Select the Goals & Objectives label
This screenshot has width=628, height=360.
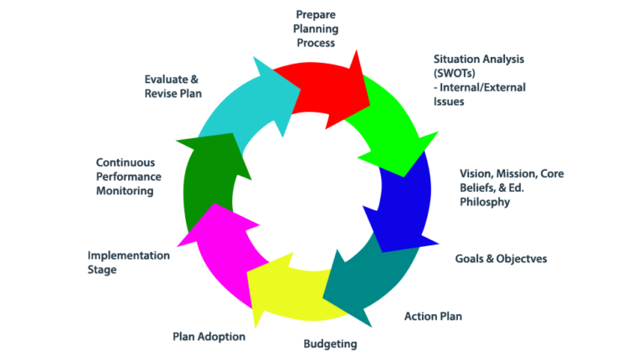tap(501, 259)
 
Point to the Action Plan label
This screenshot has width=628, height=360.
tap(433, 316)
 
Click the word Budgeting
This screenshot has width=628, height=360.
tap(330, 343)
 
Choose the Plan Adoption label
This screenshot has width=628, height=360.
tap(208, 337)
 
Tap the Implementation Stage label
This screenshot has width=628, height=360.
tap(129, 262)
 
